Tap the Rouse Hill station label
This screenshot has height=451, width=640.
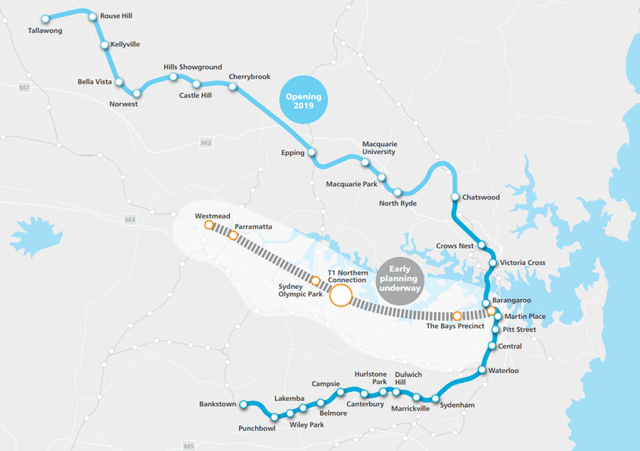point(116,16)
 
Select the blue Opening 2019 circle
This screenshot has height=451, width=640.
point(304,101)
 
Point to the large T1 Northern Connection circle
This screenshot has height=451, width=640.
point(341,295)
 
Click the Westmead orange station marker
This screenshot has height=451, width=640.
point(208,225)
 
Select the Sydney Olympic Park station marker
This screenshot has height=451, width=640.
point(316,281)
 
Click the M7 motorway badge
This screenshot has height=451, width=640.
point(26,87)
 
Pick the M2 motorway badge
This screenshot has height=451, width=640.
point(206,143)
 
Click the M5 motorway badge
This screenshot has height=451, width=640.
point(188,445)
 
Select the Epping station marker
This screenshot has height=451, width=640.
point(311,153)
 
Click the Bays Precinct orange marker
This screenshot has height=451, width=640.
point(457,316)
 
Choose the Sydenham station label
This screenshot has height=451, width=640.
point(457,405)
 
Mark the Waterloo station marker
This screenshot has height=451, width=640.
point(482,370)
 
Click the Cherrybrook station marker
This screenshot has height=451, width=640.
point(233,86)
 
